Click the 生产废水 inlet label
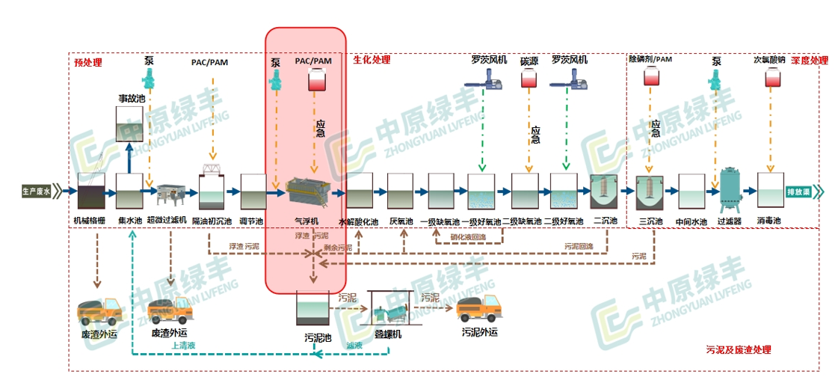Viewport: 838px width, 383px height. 36,192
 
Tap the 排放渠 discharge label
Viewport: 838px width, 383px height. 798,192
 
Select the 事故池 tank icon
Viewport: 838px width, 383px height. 130,124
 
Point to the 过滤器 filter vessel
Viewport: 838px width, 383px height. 728,190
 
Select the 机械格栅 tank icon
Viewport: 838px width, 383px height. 91,191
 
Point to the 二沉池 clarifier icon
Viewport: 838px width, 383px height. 603,191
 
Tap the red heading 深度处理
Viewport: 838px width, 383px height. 809,60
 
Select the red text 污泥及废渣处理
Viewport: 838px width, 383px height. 738,349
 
